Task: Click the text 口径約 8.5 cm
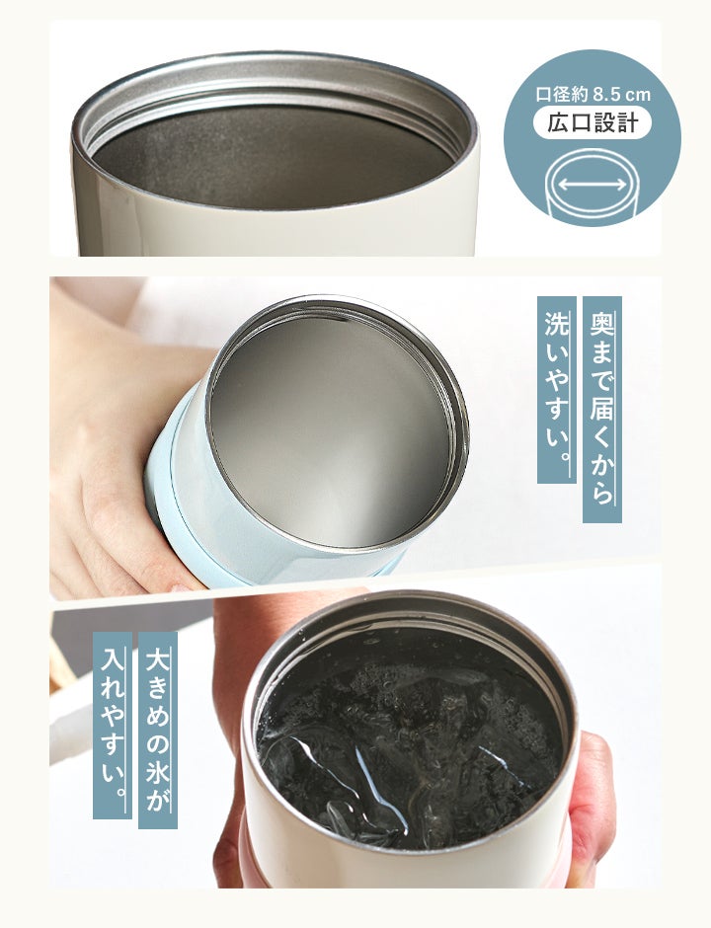tap(592, 94)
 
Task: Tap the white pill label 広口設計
tap(592, 123)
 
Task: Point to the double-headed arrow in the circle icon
tap(592, 185)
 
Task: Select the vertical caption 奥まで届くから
tap(602, 409)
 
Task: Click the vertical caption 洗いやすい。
tap(557, 389)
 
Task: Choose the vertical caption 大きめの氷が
tap(157, 730)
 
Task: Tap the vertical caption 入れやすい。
tap(113, 725)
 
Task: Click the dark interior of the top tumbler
tap(273, 157)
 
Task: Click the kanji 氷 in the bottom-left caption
tap(157, 772)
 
